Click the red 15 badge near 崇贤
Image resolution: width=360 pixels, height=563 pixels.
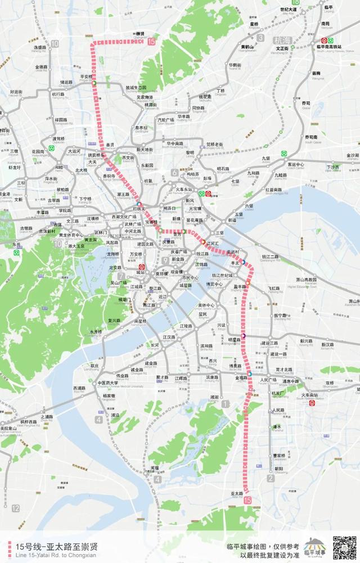coord(151,41)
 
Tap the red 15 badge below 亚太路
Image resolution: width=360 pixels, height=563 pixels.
coord(248,500)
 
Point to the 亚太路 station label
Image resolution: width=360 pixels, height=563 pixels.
coord(236,493)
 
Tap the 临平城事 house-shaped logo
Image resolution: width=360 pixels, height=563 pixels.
coord(316,547)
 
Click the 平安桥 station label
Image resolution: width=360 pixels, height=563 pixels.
coord(87,77)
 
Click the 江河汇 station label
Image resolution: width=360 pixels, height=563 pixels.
coord(213,243)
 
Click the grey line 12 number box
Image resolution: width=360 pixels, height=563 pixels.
coord(15,508)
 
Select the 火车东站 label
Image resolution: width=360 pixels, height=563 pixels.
coord(182,189)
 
